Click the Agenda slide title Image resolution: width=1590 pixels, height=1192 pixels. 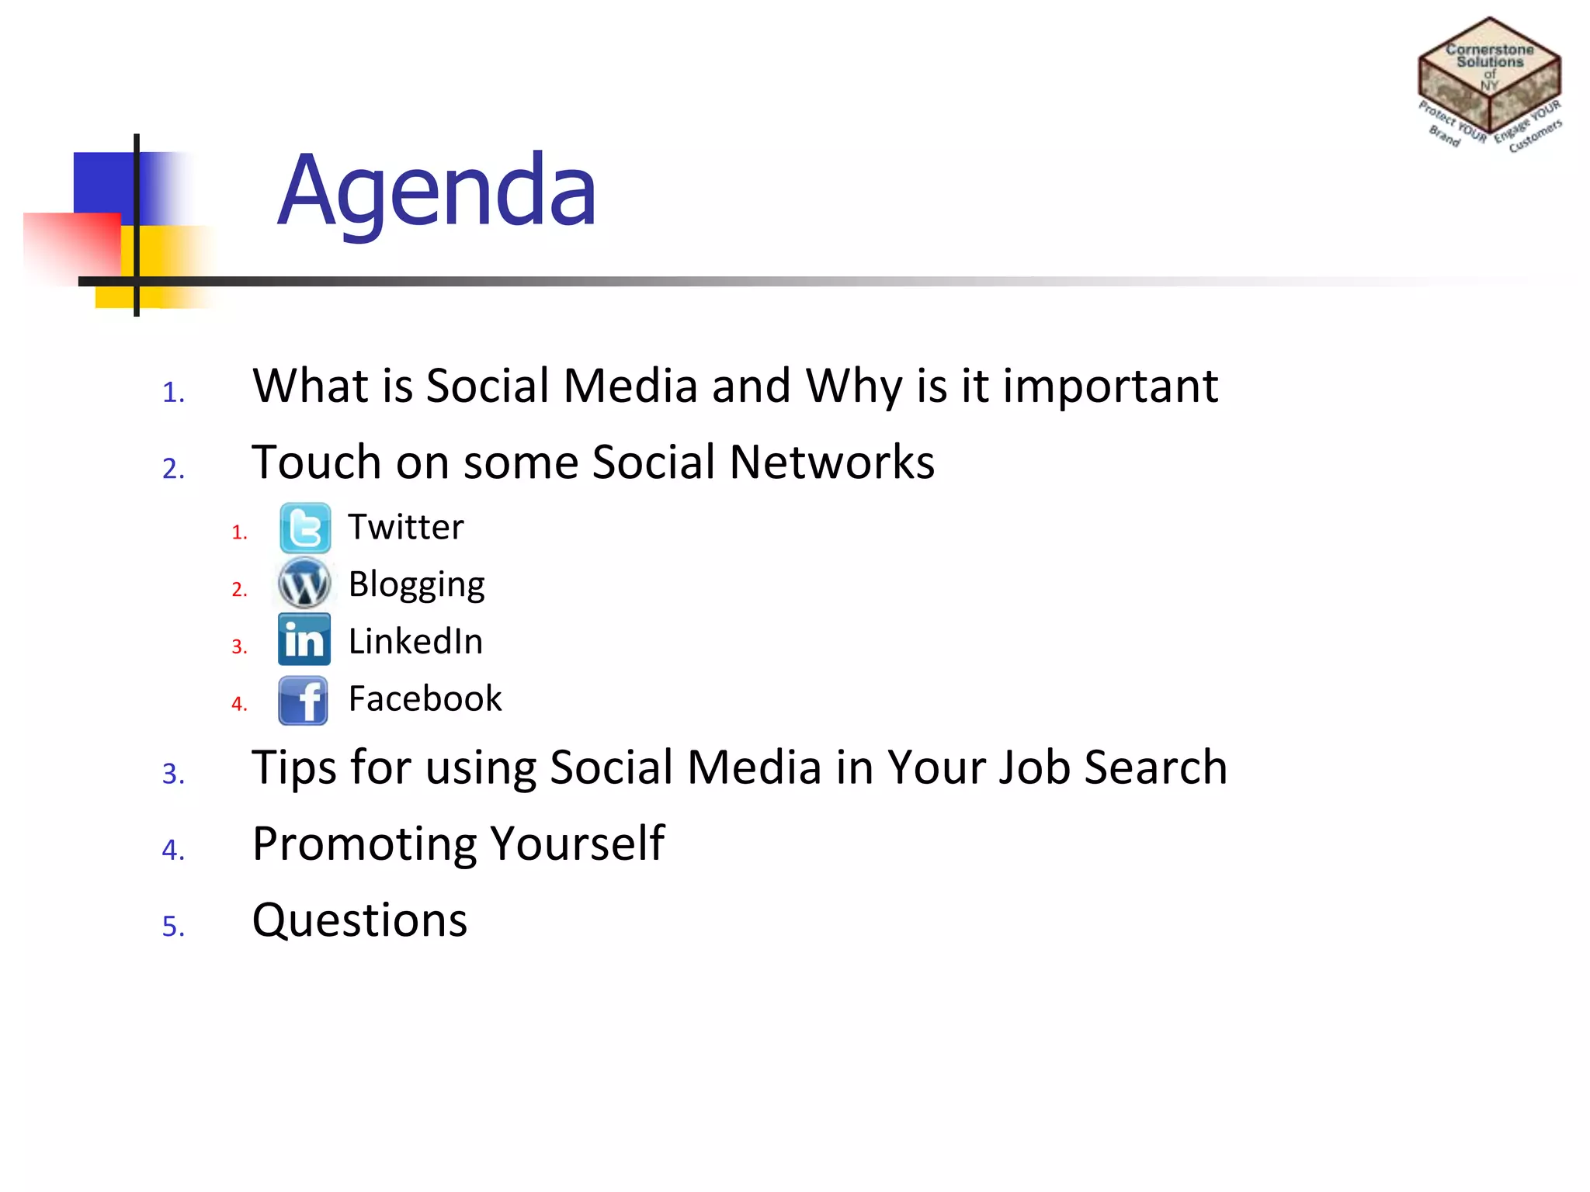coord(437,191)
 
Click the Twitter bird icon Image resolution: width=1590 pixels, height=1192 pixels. coord(305,528)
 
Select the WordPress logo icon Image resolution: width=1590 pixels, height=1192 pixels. coord(304,584)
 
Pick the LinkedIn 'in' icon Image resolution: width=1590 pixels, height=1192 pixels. coord(304,640)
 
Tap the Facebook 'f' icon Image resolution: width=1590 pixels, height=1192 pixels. coord(304,700)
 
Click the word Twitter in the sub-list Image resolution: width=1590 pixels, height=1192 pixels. coord(405,528)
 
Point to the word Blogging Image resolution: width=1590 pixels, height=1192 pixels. coord(416,585)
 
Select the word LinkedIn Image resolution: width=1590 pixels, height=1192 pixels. coord(415,642)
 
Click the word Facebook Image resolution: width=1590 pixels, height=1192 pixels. coord(425,698)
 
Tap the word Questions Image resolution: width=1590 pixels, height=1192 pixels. coord(359,921)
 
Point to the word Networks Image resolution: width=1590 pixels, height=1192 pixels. coord(831,463)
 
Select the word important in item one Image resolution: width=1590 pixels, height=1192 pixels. coord(1110,386)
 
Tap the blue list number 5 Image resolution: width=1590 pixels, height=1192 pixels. coord(172,927)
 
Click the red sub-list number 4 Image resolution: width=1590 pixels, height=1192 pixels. coord(238,704)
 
